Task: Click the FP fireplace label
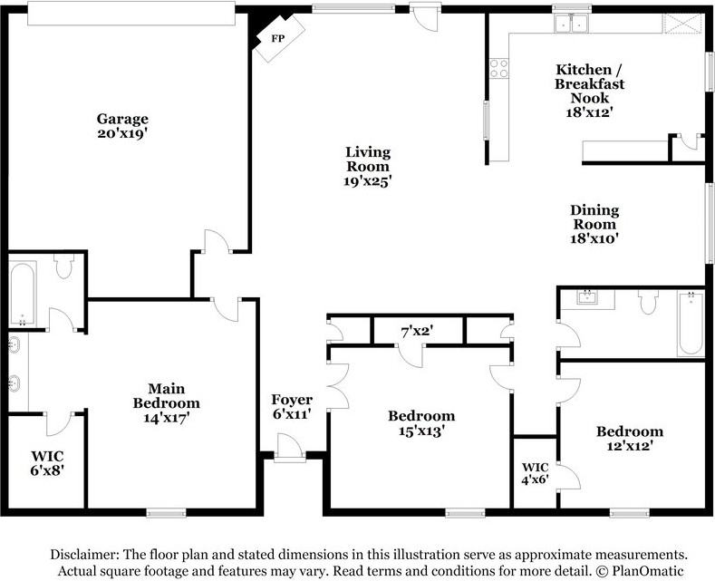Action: [277, 38]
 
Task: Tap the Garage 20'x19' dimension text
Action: [122, 133]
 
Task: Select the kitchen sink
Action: [571, 23]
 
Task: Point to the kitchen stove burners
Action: [498, 68]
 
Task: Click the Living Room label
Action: [368, 159]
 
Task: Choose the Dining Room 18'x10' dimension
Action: [594, 238]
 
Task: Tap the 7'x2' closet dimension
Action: [417, 332]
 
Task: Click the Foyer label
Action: [292, 400]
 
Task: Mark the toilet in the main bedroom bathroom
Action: [63, 266]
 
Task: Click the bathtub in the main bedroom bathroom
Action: [23, 294]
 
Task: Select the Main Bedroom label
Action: [167, 396]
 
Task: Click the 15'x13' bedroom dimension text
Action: [421, 431]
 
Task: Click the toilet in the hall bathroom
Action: [648, 302]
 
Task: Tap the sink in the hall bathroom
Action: [587, 298]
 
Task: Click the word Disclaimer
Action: [85, 555]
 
